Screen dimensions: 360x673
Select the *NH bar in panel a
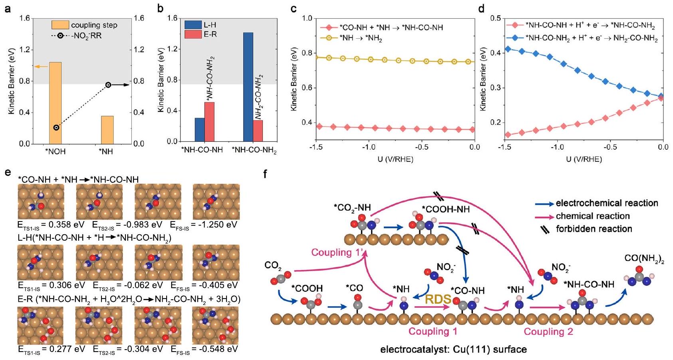(107, 129)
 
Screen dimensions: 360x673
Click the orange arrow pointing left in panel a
(40, 66)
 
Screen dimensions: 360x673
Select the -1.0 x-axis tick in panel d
(557, 147)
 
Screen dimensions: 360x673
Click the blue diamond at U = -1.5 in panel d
(508, 49)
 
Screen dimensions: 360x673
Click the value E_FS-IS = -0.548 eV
(204, 349)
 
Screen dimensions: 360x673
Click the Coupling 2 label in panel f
(548, 332)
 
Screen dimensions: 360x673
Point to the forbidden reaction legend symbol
(545, 229)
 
